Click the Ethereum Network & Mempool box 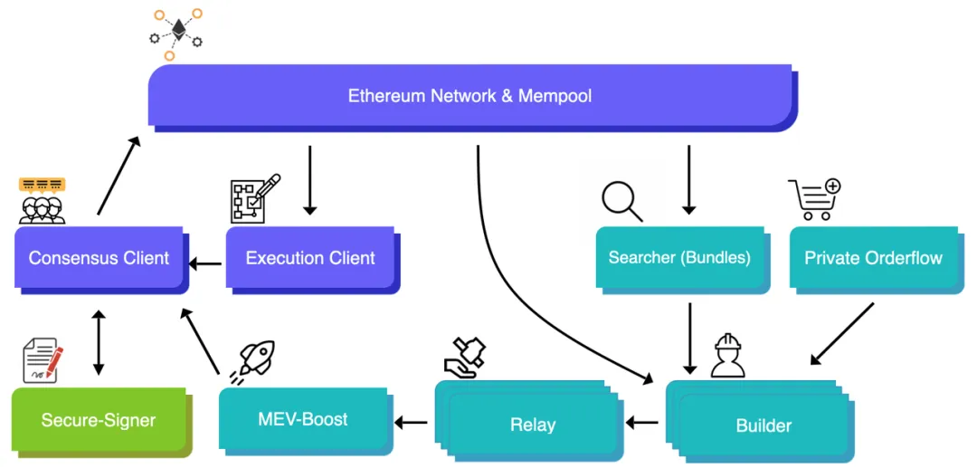tap(470, 95)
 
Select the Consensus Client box tap(100, 258)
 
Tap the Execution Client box tap(309, 258)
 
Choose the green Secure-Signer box tap(99, 420)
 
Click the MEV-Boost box tap(302, 419)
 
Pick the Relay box tap(532, 424)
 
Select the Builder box tap(764, 425)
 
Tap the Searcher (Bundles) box tap(679, 258)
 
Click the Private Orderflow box tap(873, 258)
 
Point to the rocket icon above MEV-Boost tap(257, 360)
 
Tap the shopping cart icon tap(814, 199)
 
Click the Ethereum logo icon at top tap(175, 33)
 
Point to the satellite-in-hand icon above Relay tap(466, 357)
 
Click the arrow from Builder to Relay tap(642, 422)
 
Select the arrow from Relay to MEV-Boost tap(411, 422)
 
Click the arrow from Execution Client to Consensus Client tap(205, 264)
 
